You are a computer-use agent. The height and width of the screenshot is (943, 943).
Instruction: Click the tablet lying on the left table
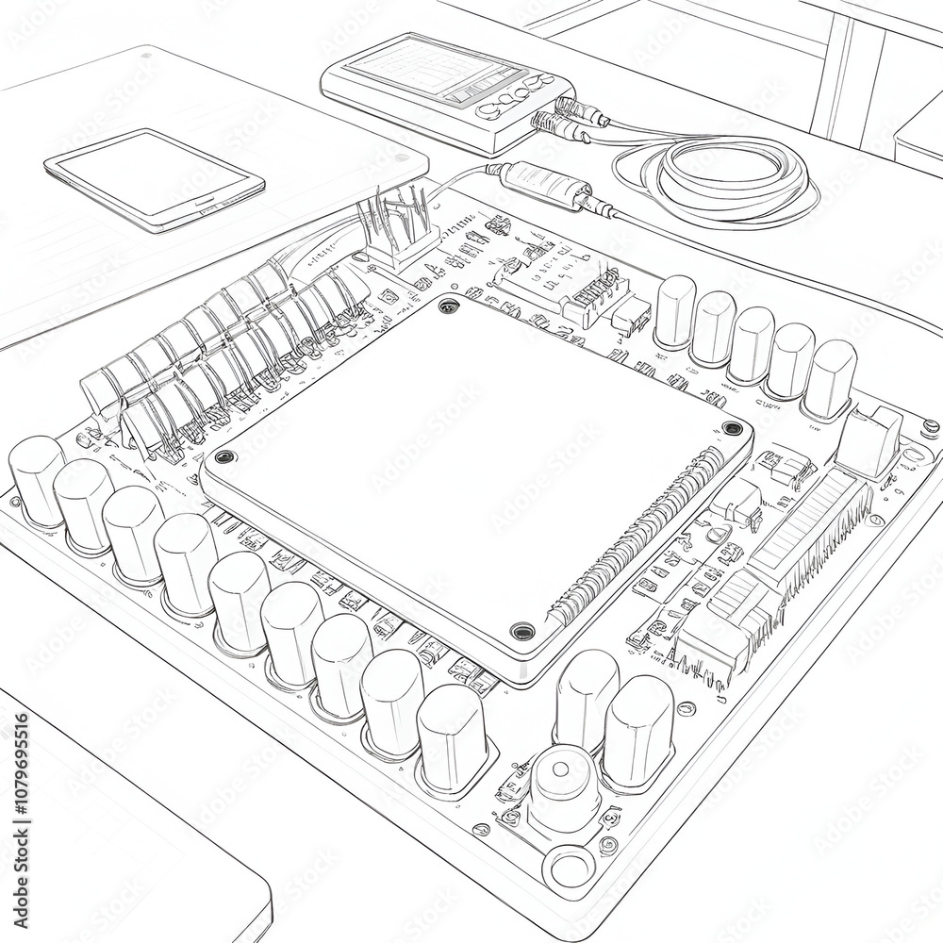coord(154,178)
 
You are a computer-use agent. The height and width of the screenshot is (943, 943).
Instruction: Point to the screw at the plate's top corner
coord(448,306)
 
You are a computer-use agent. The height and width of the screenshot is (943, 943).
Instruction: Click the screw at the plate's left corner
coord(223,457)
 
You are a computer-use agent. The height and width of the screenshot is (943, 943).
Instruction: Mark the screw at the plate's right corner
coord(732,428)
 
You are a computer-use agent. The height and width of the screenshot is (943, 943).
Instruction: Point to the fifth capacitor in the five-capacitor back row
coord(830,377)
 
